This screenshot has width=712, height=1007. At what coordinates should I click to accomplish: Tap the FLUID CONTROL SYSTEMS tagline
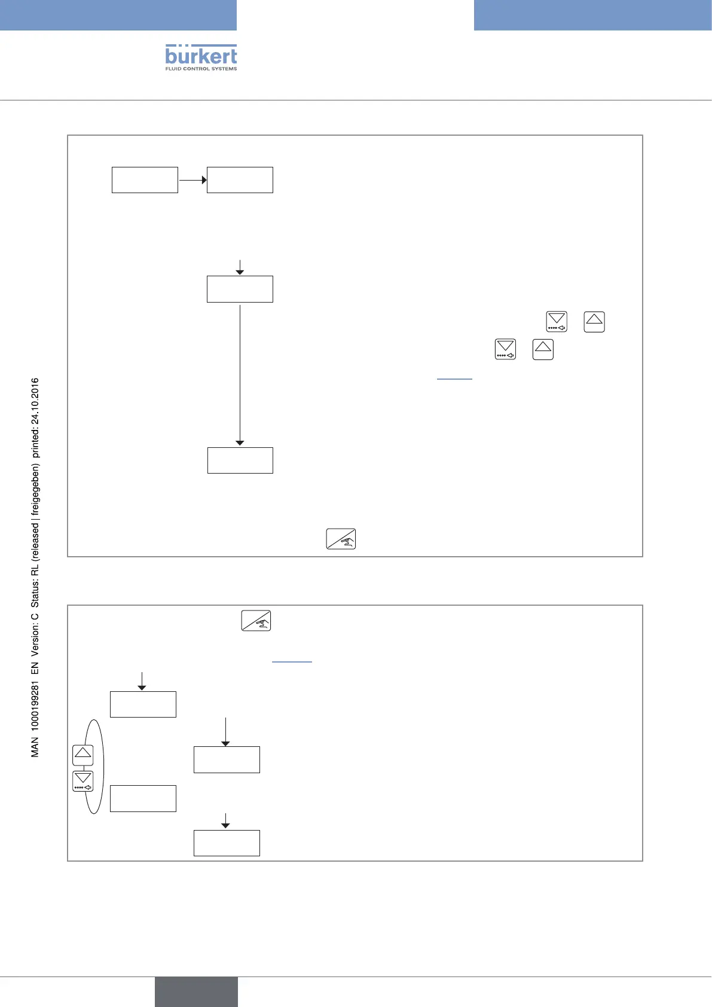pos(201,69)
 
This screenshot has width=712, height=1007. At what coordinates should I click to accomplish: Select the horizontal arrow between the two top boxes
pos(192,180)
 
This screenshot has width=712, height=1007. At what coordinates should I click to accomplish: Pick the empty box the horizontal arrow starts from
pos(145,180)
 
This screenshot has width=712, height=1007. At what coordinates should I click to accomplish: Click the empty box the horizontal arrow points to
pos(240,180)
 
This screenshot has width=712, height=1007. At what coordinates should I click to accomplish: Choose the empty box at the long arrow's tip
pos(240,460)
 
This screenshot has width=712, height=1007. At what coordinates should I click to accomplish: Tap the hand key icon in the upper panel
pos(341,539)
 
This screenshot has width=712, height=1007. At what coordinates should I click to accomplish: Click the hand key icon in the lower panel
pos(256,621)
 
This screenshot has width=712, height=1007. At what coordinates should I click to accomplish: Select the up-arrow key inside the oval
pos(83,755)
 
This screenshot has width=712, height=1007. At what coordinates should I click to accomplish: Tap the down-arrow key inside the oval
pos(83,781)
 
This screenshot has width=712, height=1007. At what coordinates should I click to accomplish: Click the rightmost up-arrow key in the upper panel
pos(594,322)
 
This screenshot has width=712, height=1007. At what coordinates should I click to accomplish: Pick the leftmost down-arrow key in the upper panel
pos(506,349)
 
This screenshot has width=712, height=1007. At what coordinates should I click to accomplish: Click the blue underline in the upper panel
pos(454,379)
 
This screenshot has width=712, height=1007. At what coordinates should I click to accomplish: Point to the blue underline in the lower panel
pos(292,662)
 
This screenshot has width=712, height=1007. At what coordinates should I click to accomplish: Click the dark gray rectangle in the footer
pos(196,991)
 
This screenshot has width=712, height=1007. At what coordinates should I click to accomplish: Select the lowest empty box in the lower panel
pos(227,843)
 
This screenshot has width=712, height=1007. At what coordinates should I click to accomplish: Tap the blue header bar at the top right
pos(592,15)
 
